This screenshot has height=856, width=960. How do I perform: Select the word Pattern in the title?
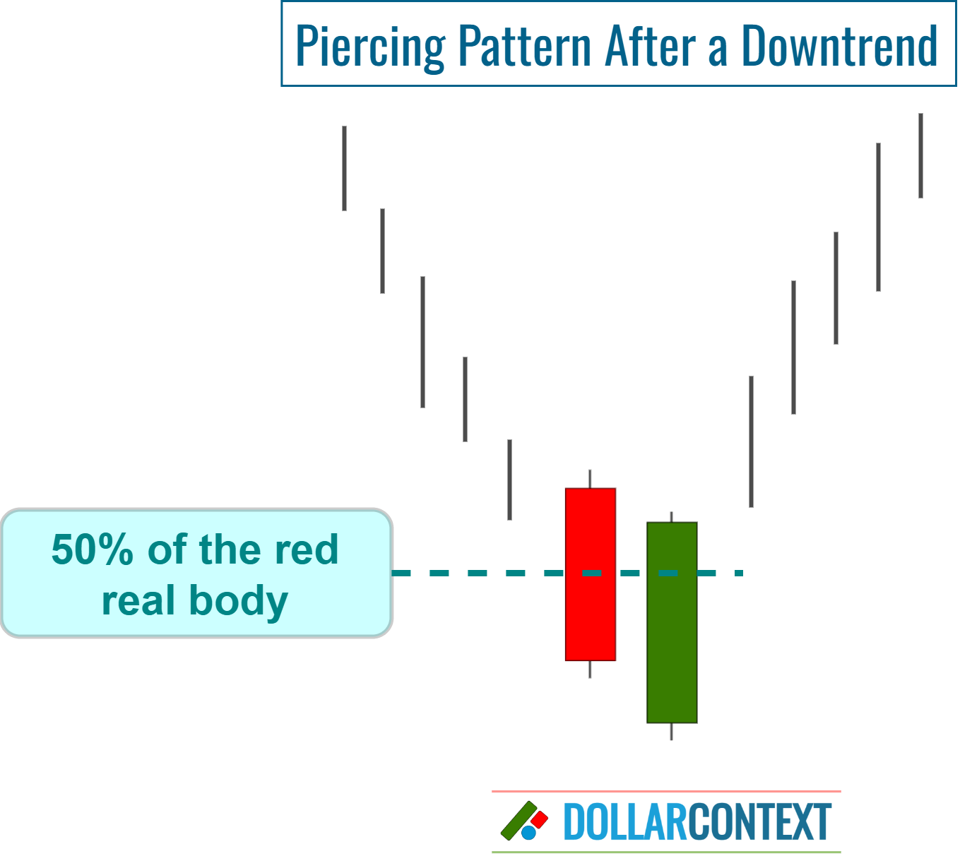[x=524, y=45]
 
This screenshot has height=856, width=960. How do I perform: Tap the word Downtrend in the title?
[x=839, y=45]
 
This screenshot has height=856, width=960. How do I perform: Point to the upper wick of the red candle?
[x=590, y=478]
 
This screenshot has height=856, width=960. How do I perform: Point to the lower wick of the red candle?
[x=590, y=670]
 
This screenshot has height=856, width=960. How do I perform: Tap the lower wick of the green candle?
[x=671, y=732]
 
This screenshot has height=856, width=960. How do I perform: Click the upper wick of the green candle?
[x=671, y=517]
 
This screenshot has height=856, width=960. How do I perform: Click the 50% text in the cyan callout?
[x=92, y=549]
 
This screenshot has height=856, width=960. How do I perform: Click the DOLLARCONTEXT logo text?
[x=697, y=822]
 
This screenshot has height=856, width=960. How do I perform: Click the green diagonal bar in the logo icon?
[x=518, y=821]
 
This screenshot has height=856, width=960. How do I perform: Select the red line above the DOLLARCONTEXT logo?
[x=666, y=792]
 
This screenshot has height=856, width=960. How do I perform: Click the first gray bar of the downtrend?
[x=344, y=168]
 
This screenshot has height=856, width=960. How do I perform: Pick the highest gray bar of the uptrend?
[x=920, y=155]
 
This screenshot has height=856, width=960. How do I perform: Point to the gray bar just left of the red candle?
[x=509, y=480]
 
